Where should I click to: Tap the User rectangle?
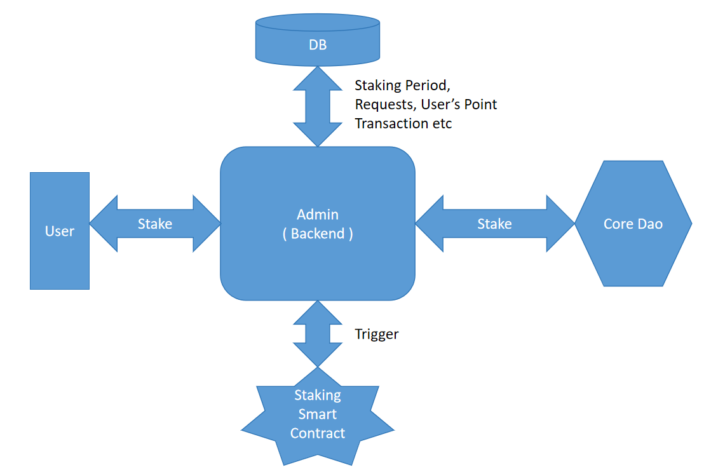click(60, 254)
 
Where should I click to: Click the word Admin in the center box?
click(318, 214)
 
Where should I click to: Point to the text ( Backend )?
click(318, 233)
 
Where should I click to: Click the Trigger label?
click(377, 334)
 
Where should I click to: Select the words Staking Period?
click(402, 84)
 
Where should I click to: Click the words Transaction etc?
click(403, 123)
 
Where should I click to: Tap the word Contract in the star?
click(318, 433)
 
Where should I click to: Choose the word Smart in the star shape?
click(318, 414)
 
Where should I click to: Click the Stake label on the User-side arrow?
click(155, 224)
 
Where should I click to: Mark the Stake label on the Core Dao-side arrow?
click(494, 224)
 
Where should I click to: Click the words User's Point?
click(459, 104)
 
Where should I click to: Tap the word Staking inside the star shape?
click(318, 395)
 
